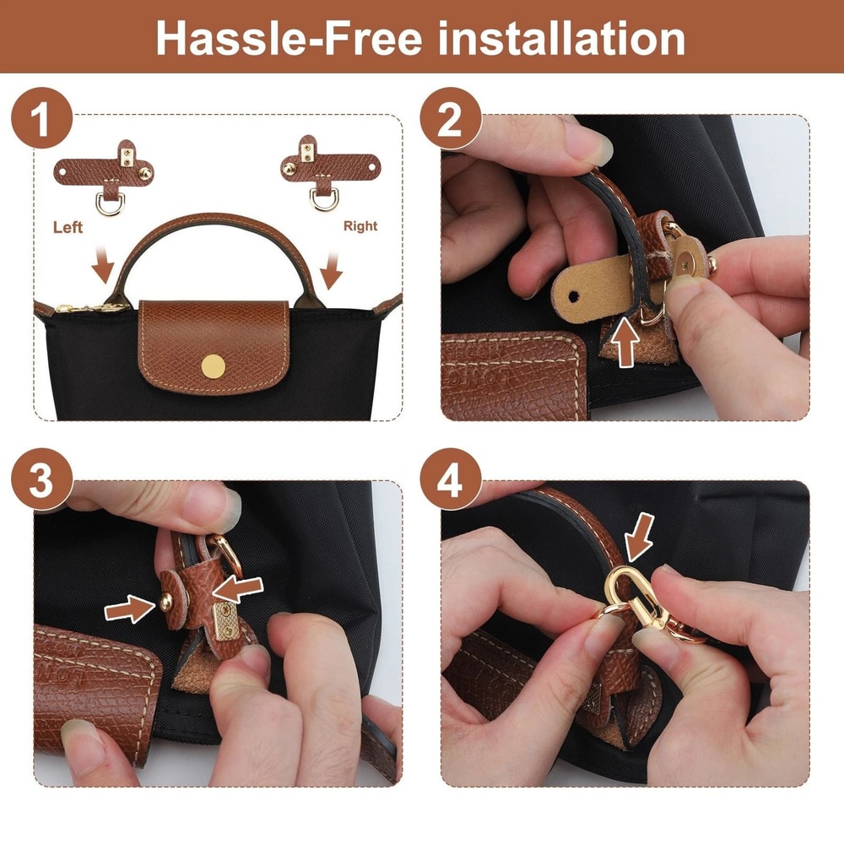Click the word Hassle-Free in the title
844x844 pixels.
point(289,38)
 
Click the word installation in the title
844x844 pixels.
point(561,38)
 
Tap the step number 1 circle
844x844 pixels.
point(41,118)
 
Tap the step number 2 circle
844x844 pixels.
point(451,118)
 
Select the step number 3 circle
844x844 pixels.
point(41,479)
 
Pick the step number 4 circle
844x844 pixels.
point(451,479)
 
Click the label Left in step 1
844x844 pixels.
point(68,227)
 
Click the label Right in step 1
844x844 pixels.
point(360,226)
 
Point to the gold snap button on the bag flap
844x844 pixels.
point(214,366)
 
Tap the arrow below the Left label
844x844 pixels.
point(103,263)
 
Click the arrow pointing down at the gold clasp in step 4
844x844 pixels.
point(640,536)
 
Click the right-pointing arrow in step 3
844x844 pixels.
point(130,609)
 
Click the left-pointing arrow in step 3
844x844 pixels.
point(237,589)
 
